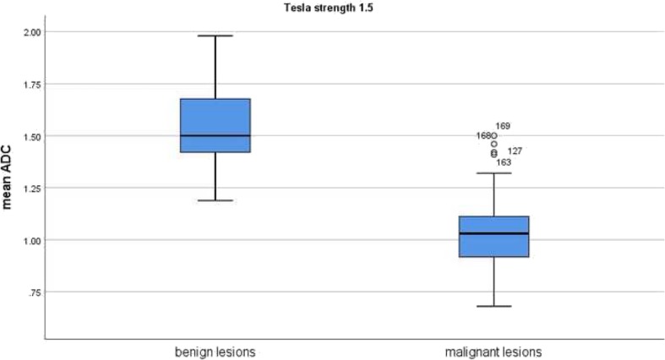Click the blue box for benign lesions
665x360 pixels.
pos(215,118)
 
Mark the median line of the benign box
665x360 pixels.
pos(215,135)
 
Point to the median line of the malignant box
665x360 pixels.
pos(493,233)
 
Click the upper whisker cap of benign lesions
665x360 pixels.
pos(215,35)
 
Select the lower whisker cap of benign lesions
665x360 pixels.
pos(215,200)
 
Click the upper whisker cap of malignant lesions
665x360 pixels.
pos(493,172)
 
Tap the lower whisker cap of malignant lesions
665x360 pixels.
pos(493,306)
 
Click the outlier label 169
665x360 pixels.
pos(503,126)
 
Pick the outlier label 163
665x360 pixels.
pos(503,162)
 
